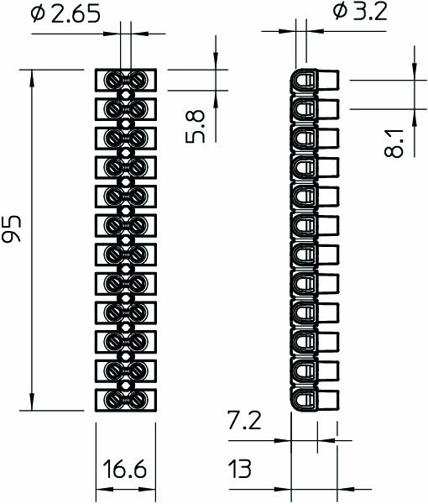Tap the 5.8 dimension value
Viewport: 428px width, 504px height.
pyautogui.click(x=195, y=123)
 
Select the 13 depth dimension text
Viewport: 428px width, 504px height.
pyautogui.click(x=240, y=469)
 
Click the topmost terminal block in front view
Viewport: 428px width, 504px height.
pyautogui.click(x=126, y=80)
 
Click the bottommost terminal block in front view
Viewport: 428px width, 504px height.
pyautogui.click(x=126, y=400)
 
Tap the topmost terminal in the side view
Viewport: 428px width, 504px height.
pyautogui.click(x=316, y=81)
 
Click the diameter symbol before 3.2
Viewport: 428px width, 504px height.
pyautogui.click(x=338, y=12)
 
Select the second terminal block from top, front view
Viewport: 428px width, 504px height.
pyautogui.click(x=126, y=108)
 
